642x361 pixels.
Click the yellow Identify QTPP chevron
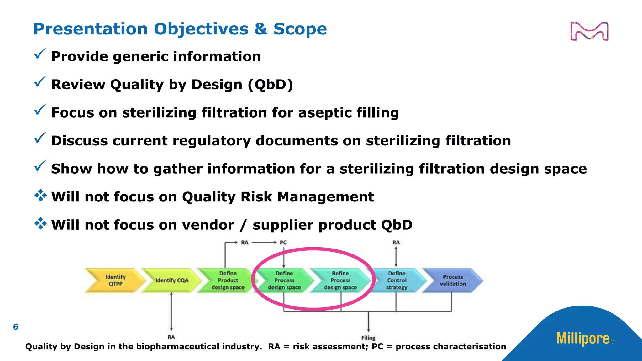(115, 280)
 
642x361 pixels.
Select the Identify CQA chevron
(171, 280)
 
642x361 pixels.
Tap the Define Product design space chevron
(228, 280)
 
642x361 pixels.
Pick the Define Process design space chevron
(284, 280)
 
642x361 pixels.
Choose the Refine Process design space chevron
(340, 280)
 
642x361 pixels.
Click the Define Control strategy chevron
(397, 280)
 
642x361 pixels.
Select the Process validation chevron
(453, 280)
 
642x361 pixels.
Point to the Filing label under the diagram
(368, 338)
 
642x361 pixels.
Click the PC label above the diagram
(283, 243)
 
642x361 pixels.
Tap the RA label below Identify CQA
(171, 337)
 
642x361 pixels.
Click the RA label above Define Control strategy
(396, 243)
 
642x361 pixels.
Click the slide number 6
(16, 327)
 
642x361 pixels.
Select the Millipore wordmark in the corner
(583, 339)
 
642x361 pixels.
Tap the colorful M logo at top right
(589, 31)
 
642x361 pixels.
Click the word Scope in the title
(300, 29)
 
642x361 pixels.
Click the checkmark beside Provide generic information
(40, 54)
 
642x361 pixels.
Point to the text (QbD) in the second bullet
(270, 85)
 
